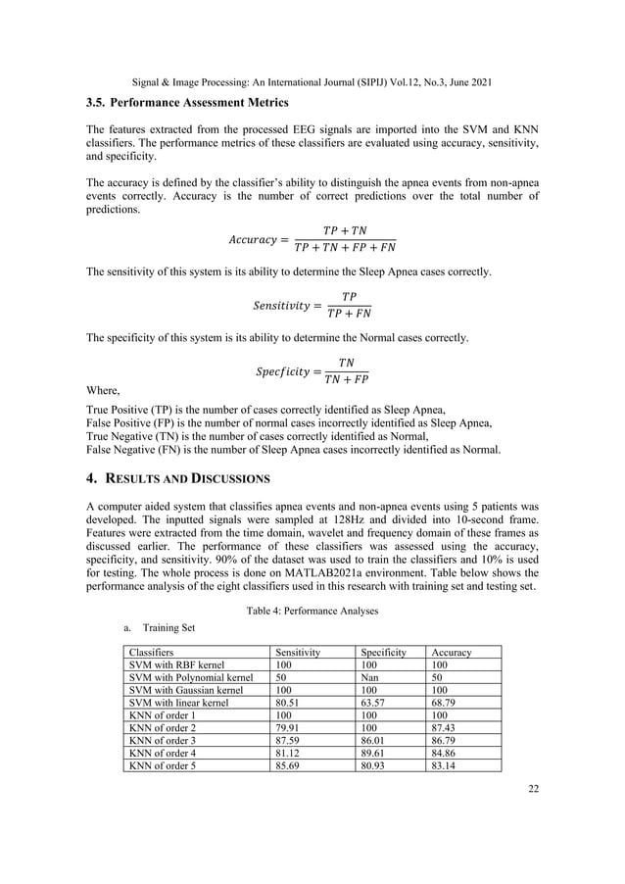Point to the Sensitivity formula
312,306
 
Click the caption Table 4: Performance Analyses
312,611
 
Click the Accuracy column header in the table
452,652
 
